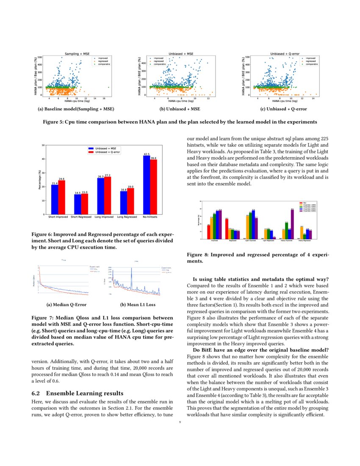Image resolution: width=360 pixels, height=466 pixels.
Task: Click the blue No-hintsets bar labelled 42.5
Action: point(147,185)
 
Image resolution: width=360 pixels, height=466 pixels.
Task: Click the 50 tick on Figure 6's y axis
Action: point(42,145)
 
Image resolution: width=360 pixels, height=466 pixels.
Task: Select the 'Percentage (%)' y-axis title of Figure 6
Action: point(39,180)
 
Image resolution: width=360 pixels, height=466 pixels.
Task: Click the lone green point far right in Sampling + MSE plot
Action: point(108,88)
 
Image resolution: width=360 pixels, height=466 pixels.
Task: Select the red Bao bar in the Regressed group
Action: point(227,228)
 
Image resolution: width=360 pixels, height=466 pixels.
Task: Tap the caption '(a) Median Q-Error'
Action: point(62,304)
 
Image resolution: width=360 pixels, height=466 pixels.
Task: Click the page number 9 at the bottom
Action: point(180,422)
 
